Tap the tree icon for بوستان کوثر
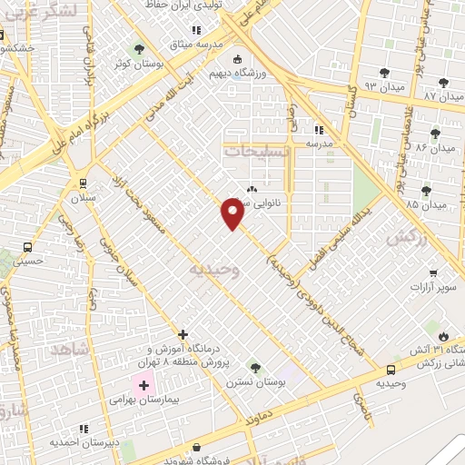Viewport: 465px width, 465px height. click(x=139, y=49)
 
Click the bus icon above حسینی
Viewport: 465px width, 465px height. click(x=27, y=247)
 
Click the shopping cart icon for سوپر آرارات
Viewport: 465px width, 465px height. click(x=434, y=273)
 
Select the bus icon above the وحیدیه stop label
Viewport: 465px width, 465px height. click(x=391, y=370)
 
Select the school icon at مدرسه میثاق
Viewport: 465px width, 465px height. click(x=196, y=30)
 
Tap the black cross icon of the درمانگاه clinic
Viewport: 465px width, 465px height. click(x=183, y=334)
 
